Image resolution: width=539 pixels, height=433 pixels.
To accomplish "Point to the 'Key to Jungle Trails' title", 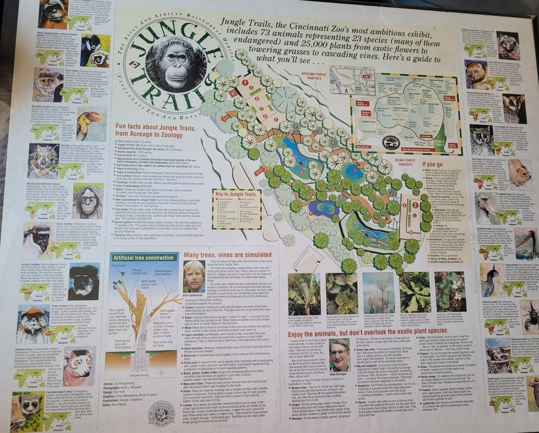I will [237, 194].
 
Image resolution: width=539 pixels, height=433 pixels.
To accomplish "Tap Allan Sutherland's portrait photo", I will [193, 276].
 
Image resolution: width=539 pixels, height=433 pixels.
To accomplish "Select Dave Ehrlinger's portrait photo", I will [339, 355].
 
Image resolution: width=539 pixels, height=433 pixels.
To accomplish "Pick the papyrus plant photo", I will [378, 294].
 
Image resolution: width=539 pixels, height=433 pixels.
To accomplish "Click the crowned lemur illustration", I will [79, 366].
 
